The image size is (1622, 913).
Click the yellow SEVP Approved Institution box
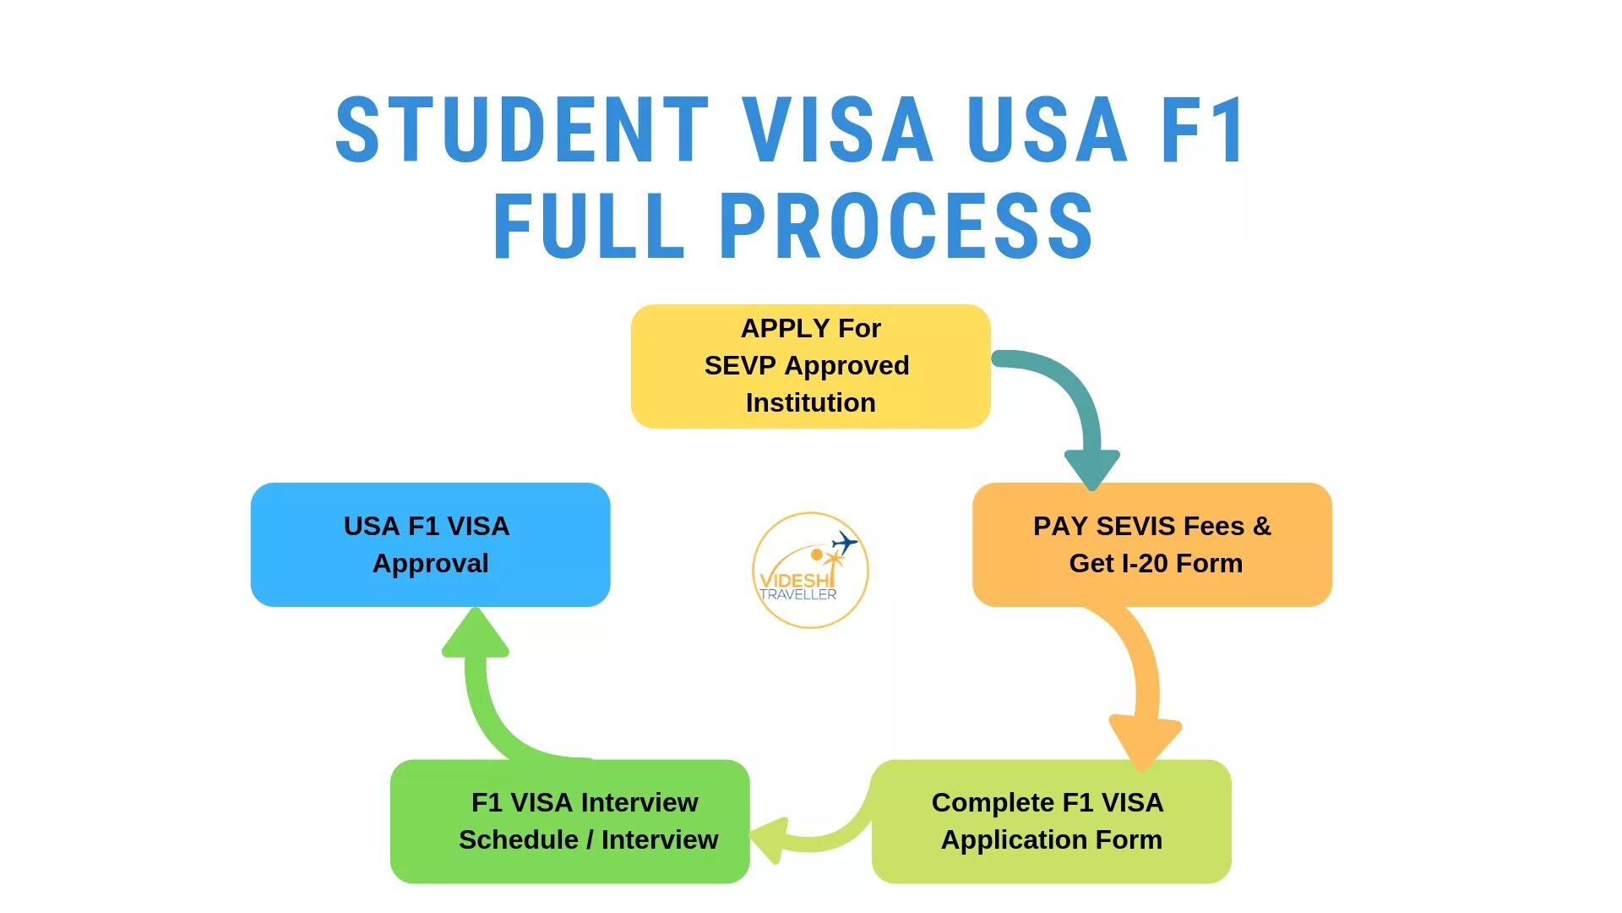pos(810,366)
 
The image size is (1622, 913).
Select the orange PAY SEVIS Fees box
pos(1151,544)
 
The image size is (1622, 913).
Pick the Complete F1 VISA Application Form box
pos(1051,821)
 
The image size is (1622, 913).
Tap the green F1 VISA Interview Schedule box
pos(569,821)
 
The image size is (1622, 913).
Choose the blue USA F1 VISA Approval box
pos(430,544)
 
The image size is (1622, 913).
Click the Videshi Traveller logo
pos(809,570)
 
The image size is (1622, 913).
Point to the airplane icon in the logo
pos(844,542)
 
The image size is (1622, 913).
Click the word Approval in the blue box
pos(430,563)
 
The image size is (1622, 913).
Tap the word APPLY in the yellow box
pos(785,328)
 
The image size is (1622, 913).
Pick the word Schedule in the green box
pos(518,839)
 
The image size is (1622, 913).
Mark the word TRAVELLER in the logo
pos(797,594)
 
